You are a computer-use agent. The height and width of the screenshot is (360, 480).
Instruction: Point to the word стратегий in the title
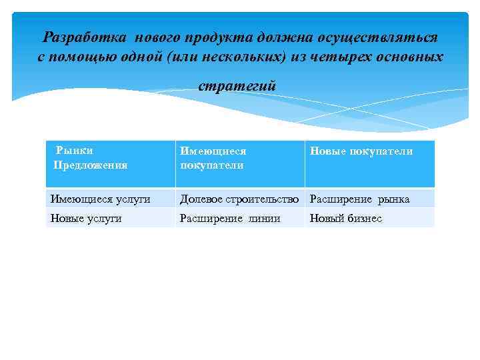[237, 86]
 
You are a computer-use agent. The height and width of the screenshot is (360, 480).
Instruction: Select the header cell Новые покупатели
[361, 151]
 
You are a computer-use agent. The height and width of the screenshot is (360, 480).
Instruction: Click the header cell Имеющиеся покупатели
[213, 158]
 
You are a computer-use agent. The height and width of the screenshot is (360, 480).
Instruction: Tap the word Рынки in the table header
[75, 151]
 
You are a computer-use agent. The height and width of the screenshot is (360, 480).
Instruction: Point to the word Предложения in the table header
[91, 165]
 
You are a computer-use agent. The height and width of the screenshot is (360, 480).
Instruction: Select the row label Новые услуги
[86, 218]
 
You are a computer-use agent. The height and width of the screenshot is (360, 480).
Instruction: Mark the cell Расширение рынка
[360, 199]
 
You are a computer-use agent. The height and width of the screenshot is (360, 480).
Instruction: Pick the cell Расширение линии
[230, 218]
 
